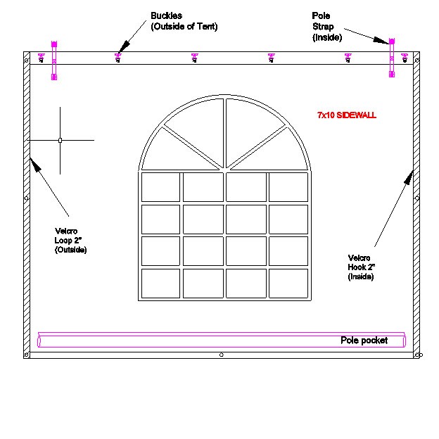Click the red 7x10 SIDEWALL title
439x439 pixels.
click(347, 115)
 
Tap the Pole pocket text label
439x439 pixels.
click(364, 341)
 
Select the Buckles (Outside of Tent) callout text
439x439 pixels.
click(184, 21)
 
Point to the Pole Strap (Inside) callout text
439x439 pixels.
click(326, 27)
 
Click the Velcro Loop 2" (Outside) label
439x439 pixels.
click(70, 241)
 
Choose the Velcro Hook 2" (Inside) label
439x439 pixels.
click(361, 267)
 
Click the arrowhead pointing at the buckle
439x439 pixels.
click(123, 47)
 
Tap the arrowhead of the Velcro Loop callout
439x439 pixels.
click(35, 165)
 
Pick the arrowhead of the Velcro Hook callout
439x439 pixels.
click(409, 177)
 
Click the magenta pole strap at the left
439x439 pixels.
click(54, 61)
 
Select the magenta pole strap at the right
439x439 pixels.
click(392, 58)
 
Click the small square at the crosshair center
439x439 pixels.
click(60, 140)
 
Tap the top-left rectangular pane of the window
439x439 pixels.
click(160, 187)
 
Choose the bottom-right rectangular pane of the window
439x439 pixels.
click(288, 284)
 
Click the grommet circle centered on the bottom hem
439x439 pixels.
click(222, 355)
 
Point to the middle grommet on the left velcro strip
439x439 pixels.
click(27, 198)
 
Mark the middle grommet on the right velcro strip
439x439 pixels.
click(417, 198)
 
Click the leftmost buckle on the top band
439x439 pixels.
click(42, 58)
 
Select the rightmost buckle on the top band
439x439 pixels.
click(405, 58)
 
